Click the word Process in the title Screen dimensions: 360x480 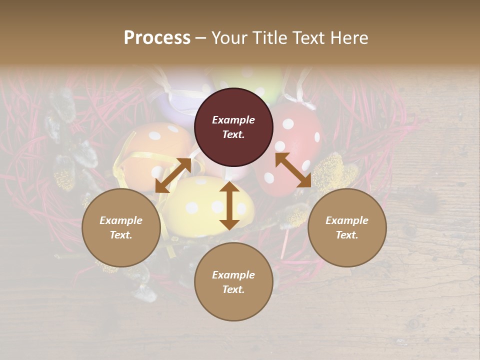(x=157, y=38)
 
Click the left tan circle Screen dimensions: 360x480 (x=121, y=227)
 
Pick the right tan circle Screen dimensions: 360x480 (x=347, y=227)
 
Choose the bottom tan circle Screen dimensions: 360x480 (x=233, y=282)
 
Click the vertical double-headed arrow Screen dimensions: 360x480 (x=229, y=205)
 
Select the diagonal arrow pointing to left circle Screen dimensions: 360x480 (x=173, y=175)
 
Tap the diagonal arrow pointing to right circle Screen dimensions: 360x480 (x=293, y=170)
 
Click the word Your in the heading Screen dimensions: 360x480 (x=228, y=38)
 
